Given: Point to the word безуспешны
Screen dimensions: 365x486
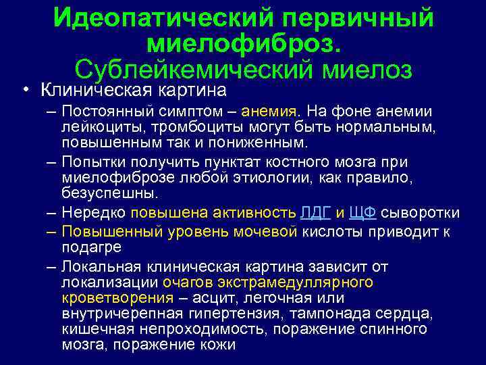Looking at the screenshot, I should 109,195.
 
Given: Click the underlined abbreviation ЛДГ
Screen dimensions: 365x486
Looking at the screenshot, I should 314,214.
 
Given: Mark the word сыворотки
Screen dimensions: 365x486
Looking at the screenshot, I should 421,214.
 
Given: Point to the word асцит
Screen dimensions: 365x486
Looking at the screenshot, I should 215,298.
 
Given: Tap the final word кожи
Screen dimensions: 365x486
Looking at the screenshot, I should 220,345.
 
